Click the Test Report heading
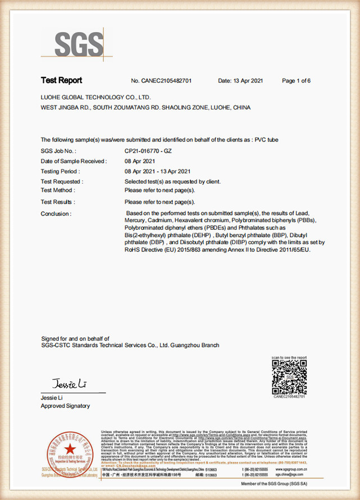click(x=61, y=80)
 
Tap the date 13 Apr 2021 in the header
click(x=248, y=81)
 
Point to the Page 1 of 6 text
click(x=296, y=81)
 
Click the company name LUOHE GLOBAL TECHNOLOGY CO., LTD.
click(x=95, y=97)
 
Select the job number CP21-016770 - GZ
click(x=148, y=151)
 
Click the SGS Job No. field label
click(x=58, y=151)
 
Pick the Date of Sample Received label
click(x=74, y=161)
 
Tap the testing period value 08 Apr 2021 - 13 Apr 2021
click(x=158, y=171)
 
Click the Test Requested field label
click(x=62, y=181)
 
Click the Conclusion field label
click(x=56, y=214)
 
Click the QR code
click(x=289, y=377)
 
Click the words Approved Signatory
click(x=65, y=406)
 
